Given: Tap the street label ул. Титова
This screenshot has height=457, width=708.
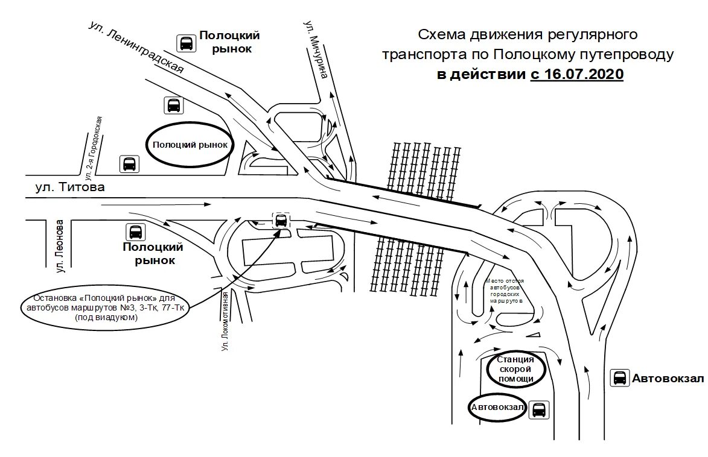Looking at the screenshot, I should click(x=70, y=188).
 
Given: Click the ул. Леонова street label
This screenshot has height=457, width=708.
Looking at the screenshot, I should click(x=59, y=246).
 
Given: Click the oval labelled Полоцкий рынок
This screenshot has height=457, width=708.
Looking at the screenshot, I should click(x=190, y=145).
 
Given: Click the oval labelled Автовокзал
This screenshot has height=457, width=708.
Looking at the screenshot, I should click(x=497, y=408).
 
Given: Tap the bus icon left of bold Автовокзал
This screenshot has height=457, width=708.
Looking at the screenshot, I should click(x=619, y=378).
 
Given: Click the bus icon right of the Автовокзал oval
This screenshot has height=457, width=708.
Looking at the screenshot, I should click(x=537, y=409).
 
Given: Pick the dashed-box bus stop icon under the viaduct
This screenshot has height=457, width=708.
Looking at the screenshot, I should click(x=281, y=221).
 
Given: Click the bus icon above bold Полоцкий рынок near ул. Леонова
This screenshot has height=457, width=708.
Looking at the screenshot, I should click(x=135, y=232).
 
